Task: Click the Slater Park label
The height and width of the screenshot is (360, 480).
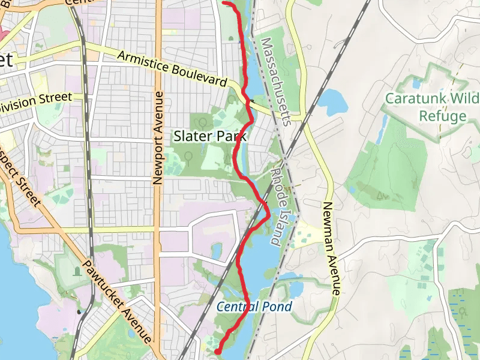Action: point(210,137)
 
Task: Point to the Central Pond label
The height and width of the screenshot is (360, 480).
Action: point(254,307)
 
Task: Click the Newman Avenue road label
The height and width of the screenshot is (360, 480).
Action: point(331,247)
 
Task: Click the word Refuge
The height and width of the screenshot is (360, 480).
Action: point(443,116)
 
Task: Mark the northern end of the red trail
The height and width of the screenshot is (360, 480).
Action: point(224,3)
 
